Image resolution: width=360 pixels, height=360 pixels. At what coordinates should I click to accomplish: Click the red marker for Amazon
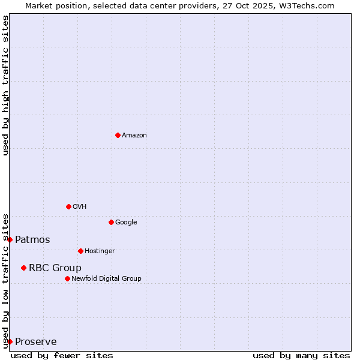click(x=118, y=135)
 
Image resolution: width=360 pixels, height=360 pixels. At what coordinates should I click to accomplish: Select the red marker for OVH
click(x=68, y=206)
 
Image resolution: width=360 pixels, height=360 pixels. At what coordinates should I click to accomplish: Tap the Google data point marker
click(x=111, y=222)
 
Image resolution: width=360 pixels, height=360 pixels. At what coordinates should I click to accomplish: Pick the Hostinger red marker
click(x=80, y=251)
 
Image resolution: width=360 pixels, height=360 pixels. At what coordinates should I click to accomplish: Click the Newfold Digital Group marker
click(x=67, y=278)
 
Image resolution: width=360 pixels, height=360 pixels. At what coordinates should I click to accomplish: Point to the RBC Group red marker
click(x=23, y=268)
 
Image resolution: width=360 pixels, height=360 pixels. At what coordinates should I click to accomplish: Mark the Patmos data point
click(x=10, y=239)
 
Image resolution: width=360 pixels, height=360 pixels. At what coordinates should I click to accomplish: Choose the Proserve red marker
click(x=10, y=341)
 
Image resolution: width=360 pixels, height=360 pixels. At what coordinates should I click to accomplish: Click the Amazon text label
click(x=134, y=136)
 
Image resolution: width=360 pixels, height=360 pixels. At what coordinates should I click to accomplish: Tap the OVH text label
click(x=80, y=207)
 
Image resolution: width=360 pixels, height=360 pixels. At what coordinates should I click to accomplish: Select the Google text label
click(x=126, y=223)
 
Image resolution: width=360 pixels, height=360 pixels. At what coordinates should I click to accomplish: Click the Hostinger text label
click(x=100, y=251)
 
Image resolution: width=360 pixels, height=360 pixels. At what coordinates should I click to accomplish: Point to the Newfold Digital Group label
click(x=106, y=279)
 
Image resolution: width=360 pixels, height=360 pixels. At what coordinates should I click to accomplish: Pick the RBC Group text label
click(x=55, y=268)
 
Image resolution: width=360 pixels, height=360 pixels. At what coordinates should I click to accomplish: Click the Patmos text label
click(x=32, y=240)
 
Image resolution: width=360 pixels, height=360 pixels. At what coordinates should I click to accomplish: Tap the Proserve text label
click(x=36, y=342)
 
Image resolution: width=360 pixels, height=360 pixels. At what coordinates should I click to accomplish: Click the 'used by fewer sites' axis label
click(x=62, y=355)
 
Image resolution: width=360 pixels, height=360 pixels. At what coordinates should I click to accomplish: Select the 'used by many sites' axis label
click(x=301, y=355)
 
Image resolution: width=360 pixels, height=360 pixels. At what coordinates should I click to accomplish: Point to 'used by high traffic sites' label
click(x=5, y=85)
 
